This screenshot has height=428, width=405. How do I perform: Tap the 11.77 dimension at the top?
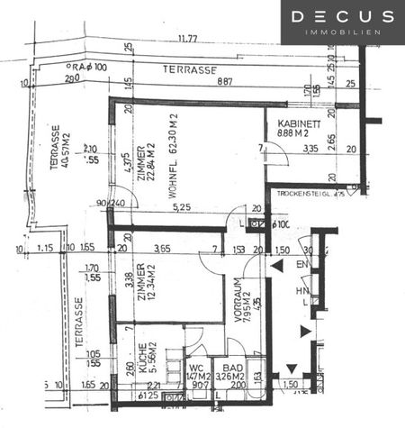188,39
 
